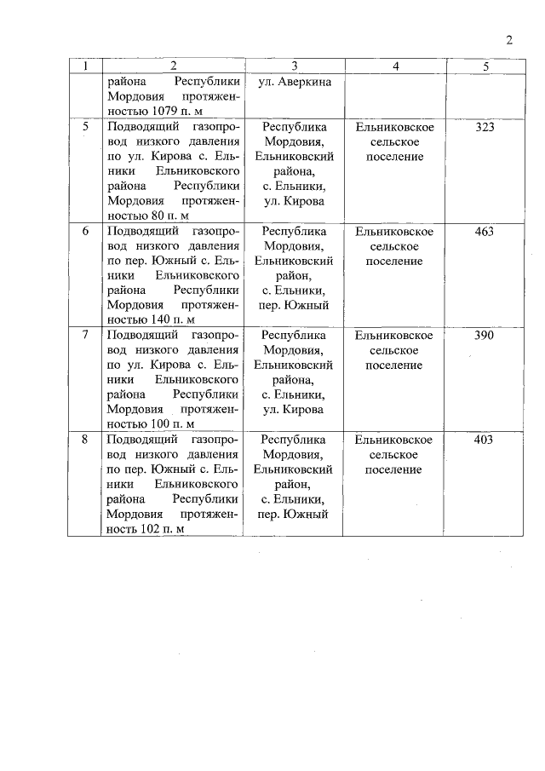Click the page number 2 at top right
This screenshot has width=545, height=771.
(x=508, y=40)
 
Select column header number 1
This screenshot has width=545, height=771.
(x=85, y=66)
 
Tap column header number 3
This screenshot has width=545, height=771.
(x=294, y=66)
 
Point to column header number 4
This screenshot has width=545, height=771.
(x=394, y=66)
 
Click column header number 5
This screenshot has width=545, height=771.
(x=484, y=66)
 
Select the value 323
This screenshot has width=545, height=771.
(x=484, y=127)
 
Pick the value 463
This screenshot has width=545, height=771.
(x=484, y=231)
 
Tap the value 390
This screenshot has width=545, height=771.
(x=484, y=335)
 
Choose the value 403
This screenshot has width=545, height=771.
(x=484, y=440)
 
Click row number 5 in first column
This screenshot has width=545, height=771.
(x=85, y=127)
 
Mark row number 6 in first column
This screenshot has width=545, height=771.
(x=85, y=231)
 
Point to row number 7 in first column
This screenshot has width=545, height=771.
(x=85, y=335)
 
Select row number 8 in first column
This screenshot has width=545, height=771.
(x=85, y=440)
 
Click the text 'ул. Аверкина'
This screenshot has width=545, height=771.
(x=294, y=83)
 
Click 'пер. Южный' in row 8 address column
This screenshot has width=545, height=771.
(x=294, y=514)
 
